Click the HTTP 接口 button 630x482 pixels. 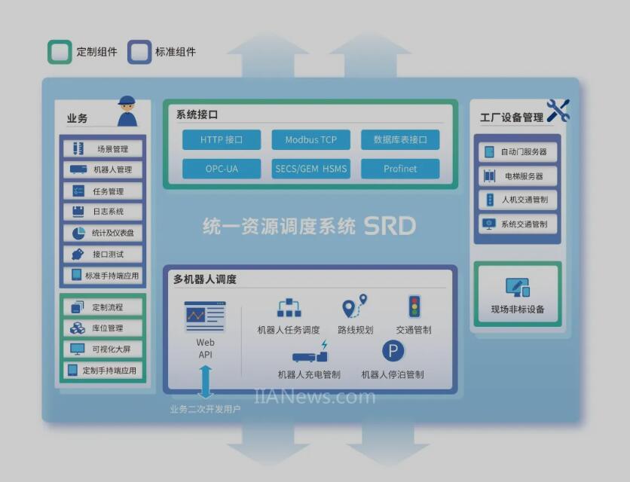click(x=222, y=140)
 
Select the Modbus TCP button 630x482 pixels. click(x=311, y=140)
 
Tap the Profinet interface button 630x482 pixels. click(x=400, y=169)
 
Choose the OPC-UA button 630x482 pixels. click(x=222, y=169)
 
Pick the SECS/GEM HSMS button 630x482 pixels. click(x=311, y=169)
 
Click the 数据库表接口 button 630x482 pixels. click(x=400, y=140)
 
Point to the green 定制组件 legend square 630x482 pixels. click(x=60, y=52)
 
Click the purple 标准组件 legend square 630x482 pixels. click(x=139, y=52)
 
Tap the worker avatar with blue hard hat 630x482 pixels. click(x=127, y=111)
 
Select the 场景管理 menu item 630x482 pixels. click(x=102, y=149)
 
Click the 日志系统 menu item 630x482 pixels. click(x=102, y=212)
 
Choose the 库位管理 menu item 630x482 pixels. click(x=102, y=328)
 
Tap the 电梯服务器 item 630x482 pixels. click(x=518, y=176)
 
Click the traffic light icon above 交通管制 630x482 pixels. click(x=414, y=307)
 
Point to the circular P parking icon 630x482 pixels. click(x=393, y=351)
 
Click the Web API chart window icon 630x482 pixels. click(x=205, y=316)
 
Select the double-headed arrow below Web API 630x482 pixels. click(x=205, y=382)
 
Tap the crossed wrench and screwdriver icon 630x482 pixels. click(x=558, y=111)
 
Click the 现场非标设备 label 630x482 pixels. click(x=518, y=310)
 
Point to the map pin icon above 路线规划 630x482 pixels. click(x=355, y=306)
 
